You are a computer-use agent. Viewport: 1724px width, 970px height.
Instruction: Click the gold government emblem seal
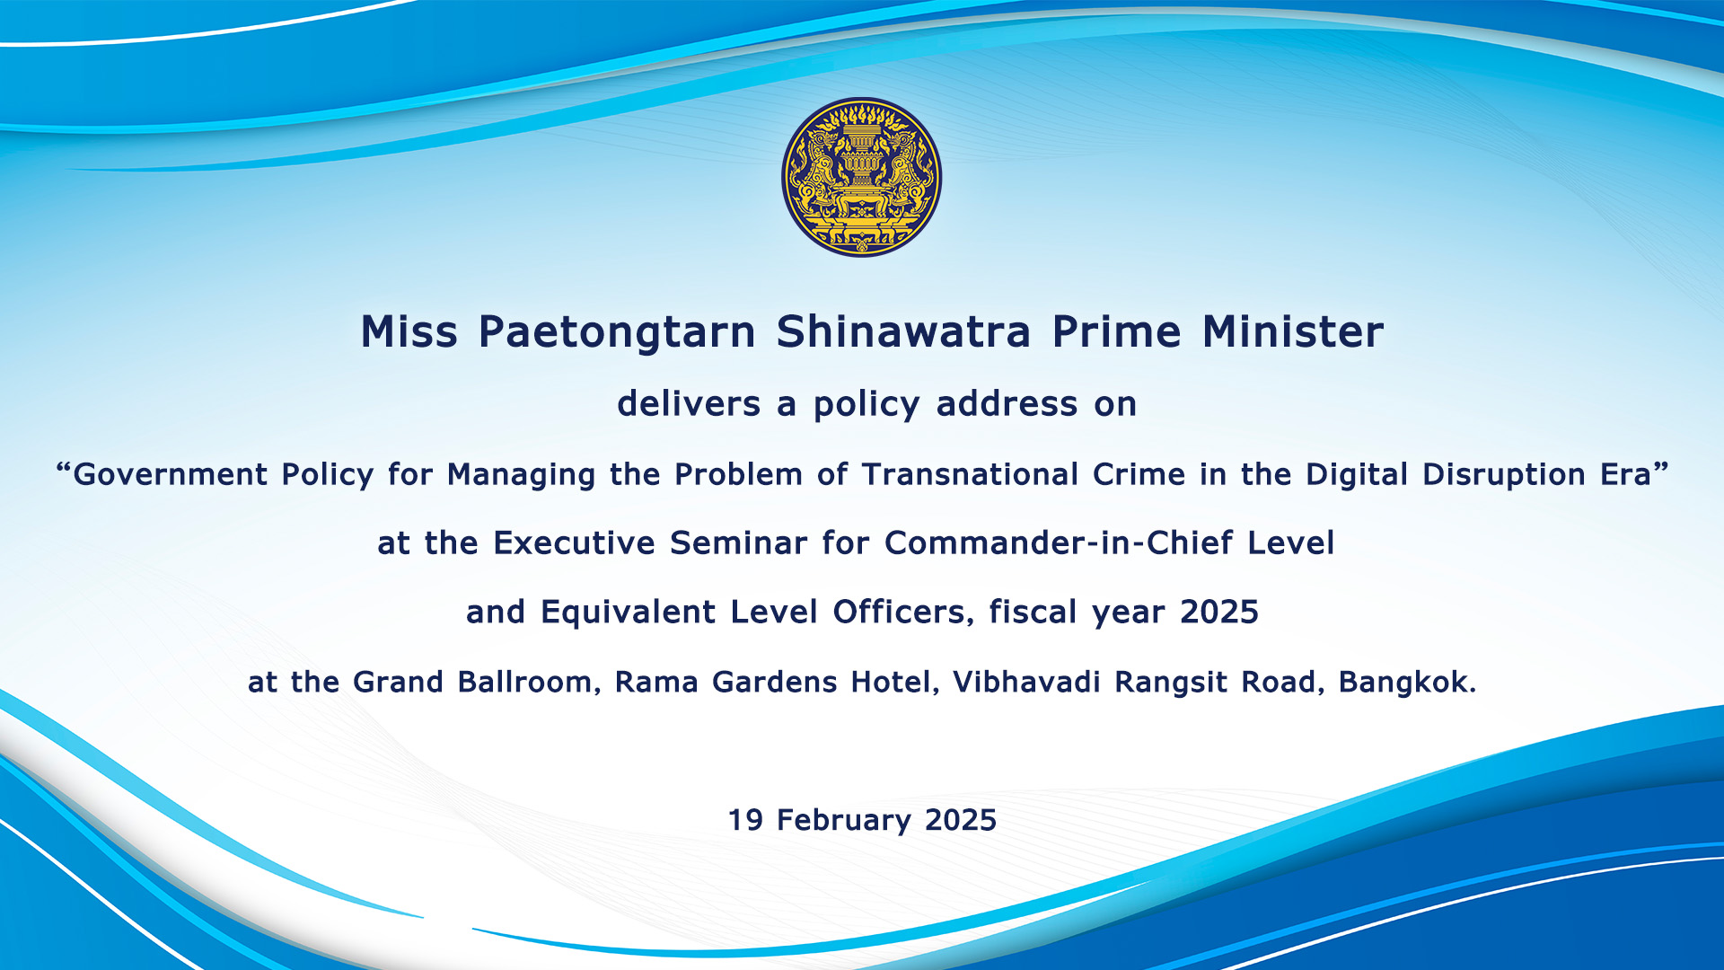(862, 177)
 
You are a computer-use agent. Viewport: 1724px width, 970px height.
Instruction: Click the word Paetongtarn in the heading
(618, 332)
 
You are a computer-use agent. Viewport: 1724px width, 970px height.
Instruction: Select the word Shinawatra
(903, 331)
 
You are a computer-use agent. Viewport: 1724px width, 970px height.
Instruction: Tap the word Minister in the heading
(1293, 331)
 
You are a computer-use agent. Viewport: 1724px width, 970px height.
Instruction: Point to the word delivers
(689, 403)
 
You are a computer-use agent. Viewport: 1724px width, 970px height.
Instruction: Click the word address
(1007, 403)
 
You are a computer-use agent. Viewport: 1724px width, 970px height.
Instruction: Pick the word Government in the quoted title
(170, 474)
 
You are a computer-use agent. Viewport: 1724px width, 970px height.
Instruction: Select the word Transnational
(970, 474)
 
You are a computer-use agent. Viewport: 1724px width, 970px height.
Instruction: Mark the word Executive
(575, 542)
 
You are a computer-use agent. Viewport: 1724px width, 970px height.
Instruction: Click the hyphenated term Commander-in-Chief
(1060, 542)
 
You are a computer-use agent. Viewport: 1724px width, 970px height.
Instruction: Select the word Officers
(903, 612)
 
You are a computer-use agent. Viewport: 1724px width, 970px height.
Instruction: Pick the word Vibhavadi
(1026, 682)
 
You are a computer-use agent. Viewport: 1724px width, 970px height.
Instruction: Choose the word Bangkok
(1407, 682)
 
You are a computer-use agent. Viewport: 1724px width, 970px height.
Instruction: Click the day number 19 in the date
(745, 820)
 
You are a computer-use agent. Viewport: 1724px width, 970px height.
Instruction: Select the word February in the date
(844, 821)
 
